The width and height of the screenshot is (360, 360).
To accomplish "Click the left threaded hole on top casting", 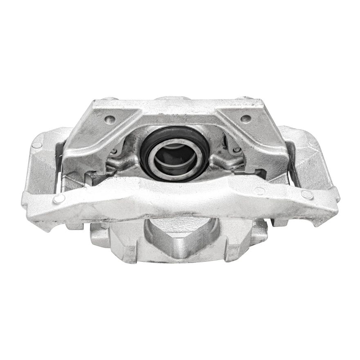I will point(110,119).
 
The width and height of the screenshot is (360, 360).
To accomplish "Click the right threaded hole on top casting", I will point(245,119).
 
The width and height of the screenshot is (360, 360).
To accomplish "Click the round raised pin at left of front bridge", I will point(59,199).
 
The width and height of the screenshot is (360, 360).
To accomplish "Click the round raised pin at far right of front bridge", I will point(307,195).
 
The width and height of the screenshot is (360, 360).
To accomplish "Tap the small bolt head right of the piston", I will point(237,150).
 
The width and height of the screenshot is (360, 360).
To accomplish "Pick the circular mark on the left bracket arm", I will point(37,144).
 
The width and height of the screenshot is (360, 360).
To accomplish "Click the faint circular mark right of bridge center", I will point(259,191).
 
